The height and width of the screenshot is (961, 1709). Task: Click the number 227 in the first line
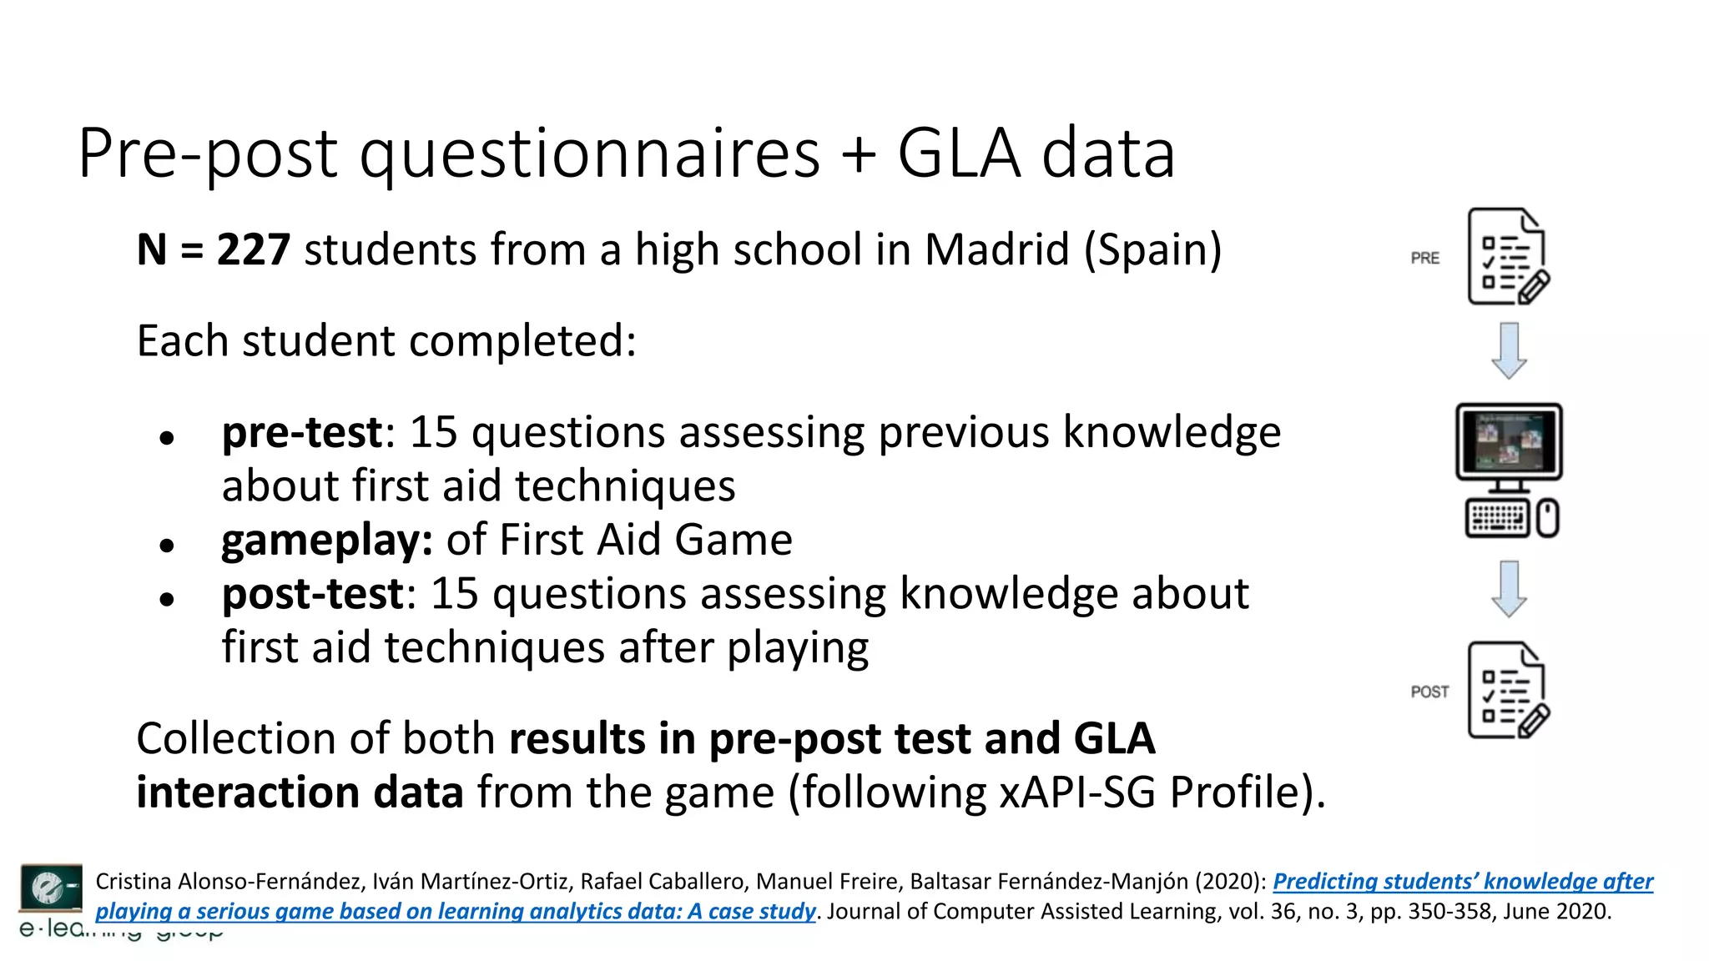254,250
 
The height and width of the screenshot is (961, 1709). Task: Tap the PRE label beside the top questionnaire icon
1425,259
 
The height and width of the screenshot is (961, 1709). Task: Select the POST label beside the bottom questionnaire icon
1429,692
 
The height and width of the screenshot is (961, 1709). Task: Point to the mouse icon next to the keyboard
1548,519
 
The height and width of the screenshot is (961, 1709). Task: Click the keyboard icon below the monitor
1497,519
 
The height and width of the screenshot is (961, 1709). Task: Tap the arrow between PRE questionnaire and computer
1509,350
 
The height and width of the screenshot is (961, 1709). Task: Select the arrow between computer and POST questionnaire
1509,589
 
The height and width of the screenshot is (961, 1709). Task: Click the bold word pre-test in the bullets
301,433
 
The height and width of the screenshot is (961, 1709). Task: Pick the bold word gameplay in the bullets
326,541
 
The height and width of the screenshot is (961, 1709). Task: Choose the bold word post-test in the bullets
312,594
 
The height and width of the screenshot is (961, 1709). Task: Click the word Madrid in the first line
997,250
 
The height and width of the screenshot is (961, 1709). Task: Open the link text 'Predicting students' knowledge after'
1462,882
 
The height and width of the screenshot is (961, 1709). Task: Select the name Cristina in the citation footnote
134,882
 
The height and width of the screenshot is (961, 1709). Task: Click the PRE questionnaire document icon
1507,257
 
